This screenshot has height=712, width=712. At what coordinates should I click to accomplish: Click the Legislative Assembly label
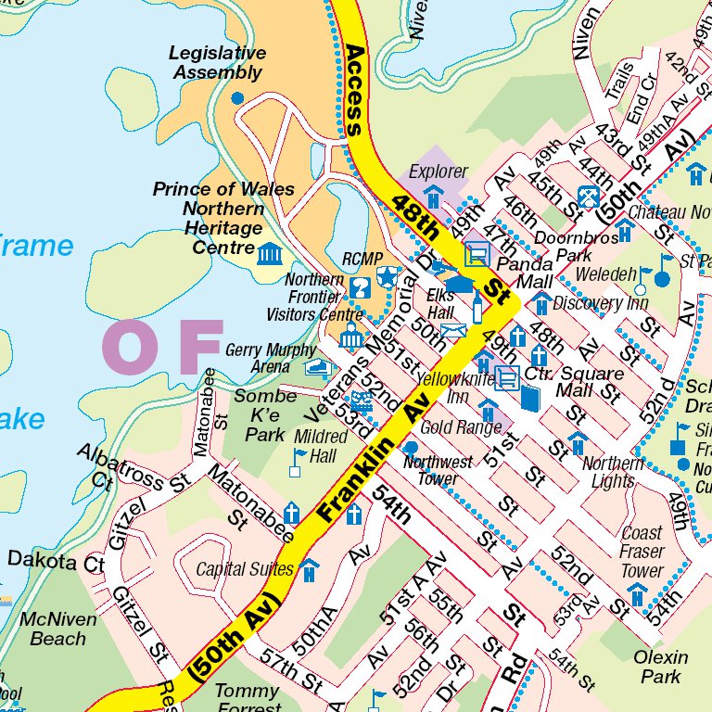(x=217, y=63)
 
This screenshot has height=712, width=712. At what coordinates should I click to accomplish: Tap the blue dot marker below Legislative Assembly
(x=237, y=97)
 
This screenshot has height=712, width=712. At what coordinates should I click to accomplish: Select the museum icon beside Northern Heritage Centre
(x=270, y=252)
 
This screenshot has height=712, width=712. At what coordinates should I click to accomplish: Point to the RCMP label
(x=362, y=260)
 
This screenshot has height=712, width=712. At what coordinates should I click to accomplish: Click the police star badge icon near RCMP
(x=386, y=275)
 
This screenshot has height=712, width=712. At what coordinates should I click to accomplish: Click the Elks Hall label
(x=440, y=304)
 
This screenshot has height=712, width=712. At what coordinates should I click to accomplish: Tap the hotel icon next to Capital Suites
(x=309, y=570)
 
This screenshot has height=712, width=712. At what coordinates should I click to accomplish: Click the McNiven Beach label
(x=58, y=629)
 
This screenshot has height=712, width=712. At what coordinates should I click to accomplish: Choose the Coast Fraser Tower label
(x=642, y=552)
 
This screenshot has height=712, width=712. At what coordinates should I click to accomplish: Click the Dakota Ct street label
(x=56, y=561)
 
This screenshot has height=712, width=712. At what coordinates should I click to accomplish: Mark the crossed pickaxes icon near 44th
(x=587, y=196)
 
